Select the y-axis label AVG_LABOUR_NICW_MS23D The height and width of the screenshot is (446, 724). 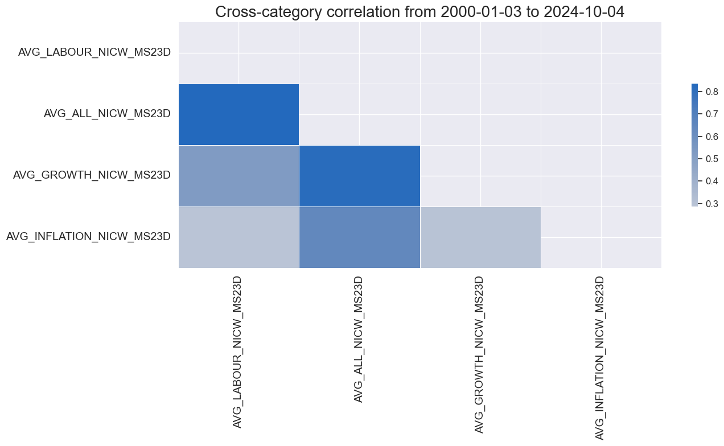click(94, 53)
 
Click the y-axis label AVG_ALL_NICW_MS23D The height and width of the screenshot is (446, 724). click(107, 114)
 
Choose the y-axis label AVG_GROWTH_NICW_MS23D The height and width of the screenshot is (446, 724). click(92, 175)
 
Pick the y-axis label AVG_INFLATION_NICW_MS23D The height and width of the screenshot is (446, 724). click(88, 236)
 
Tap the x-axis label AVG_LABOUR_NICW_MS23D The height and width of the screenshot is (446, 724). click(238, 352)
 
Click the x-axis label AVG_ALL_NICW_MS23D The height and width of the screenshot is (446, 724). click(359, 340)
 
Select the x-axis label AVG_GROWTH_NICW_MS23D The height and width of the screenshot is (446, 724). click(480, 355)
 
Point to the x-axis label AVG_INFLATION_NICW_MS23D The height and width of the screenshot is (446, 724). click(600, 358)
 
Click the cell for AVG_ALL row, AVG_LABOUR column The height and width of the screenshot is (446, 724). click(238, 114)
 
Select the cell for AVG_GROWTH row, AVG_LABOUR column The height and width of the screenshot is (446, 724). click(238, 176)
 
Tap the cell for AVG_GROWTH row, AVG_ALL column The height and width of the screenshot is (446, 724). click(359, 176)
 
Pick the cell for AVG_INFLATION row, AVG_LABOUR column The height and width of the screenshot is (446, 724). click(238, 237)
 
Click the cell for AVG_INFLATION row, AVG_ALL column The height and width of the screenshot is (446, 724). click(359, 237)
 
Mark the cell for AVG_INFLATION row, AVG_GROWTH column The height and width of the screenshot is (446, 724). click(480, 237)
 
